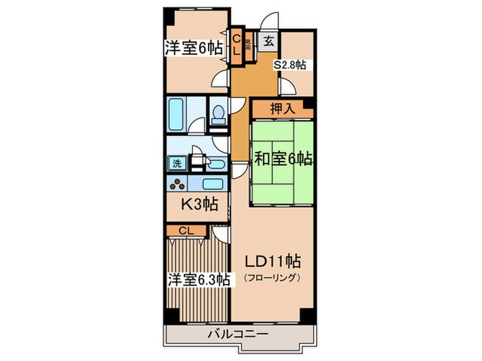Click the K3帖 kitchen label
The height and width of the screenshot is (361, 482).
click(x=200, y=204)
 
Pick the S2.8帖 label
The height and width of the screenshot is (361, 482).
click(x=291, y=65)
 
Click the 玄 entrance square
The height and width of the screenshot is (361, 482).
click(x=267, y=39)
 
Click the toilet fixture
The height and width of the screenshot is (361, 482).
click(x=219, y=113)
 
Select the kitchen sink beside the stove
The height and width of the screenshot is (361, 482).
click(x=213, y=184)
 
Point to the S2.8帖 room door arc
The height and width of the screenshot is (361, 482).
click(x=284, y=85)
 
